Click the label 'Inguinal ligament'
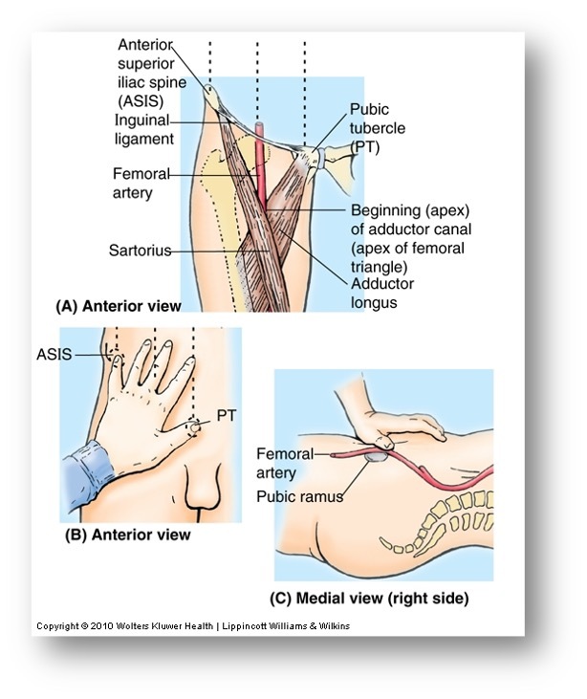pyautogui.click(x=143, y=129)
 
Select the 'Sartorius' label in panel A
pyautogui.click(x=140, y=251)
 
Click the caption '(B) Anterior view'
pyautogui.click(x=127, y=535)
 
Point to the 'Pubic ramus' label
pyautogui.click(x=298, y=496)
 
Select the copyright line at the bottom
pyautogui.click(x=193, y=626)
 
